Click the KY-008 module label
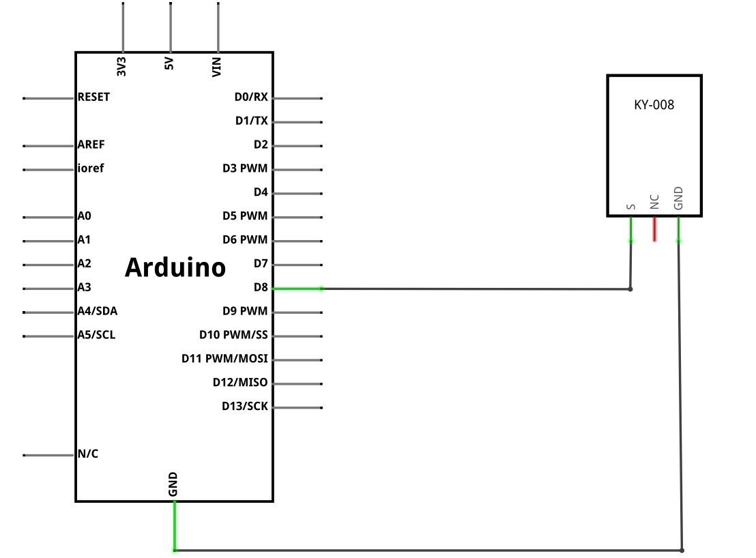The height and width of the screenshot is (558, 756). point(654,104)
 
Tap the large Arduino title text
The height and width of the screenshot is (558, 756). point(175,267)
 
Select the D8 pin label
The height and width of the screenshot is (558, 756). point(261,287)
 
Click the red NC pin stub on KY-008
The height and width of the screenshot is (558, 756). point(654,229)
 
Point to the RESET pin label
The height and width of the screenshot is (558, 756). point(93,97)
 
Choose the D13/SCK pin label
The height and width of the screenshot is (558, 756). point(244,406)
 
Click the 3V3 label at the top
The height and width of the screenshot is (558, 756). point(121,66)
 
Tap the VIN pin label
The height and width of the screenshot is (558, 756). point(216,67)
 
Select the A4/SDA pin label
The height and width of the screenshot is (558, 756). point(98,311)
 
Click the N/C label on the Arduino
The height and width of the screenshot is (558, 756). point(88,454)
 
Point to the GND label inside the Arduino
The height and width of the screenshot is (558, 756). point(173,484)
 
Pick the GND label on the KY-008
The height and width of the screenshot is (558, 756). point(678,198)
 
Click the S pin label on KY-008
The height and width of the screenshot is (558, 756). point(630,207)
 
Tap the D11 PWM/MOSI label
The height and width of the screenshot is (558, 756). point(224,359)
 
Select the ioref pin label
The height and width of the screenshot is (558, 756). point(91,168)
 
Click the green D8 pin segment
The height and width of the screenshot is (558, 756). point(297,289)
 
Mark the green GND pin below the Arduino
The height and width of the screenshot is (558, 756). point(175,526)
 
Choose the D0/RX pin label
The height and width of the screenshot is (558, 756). point(250,97)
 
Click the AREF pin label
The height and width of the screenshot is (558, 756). point(91,145)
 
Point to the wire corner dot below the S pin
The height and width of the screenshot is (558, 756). point(630,289)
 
